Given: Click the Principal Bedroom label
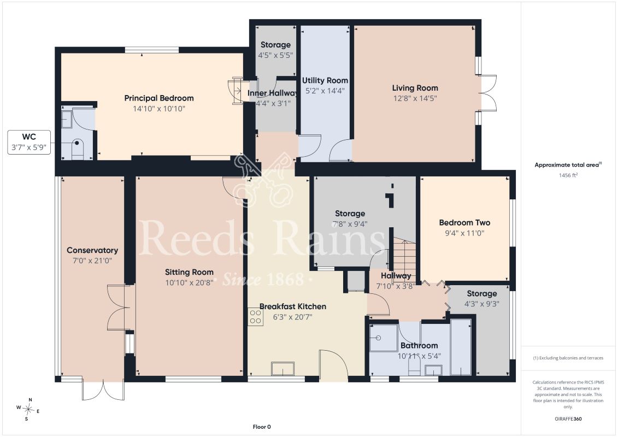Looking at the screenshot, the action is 159,98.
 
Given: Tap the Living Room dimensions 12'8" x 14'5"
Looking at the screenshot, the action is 415,98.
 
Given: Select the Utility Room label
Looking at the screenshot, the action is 325,80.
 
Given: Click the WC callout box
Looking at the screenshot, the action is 29,142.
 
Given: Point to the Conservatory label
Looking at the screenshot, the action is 92,250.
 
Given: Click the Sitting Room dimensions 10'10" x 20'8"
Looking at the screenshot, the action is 189,282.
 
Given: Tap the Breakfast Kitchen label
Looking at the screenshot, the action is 293,306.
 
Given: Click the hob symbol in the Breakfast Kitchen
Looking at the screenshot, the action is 255,317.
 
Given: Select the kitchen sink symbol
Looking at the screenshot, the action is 282,369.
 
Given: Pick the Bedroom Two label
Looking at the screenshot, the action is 464,223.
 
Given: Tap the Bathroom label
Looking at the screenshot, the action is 419,346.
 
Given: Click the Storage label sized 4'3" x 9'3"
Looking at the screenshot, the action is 481,293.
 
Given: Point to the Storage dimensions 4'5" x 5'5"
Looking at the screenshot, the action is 275,56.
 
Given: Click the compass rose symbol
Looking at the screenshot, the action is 28,410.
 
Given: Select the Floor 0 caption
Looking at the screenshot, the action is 262,427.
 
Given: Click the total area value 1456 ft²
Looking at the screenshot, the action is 568,175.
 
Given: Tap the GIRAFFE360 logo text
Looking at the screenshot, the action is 568,419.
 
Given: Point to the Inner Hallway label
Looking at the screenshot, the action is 273,93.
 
